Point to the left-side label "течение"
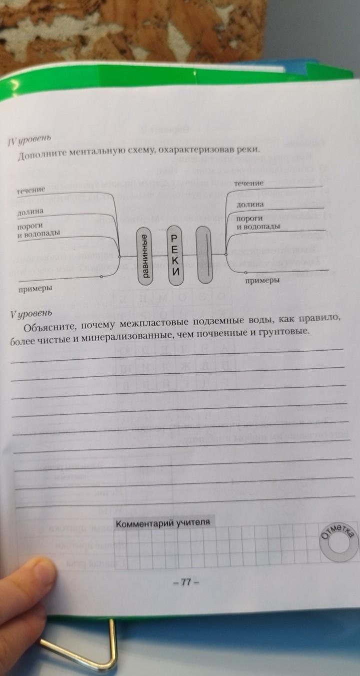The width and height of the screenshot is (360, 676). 31,191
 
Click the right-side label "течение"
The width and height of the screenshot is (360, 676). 248,184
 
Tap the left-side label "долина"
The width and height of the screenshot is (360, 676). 30,212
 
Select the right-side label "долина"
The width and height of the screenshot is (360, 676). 250,205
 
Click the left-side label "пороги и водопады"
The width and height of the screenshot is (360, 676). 38,230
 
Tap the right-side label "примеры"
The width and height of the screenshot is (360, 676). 262,281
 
